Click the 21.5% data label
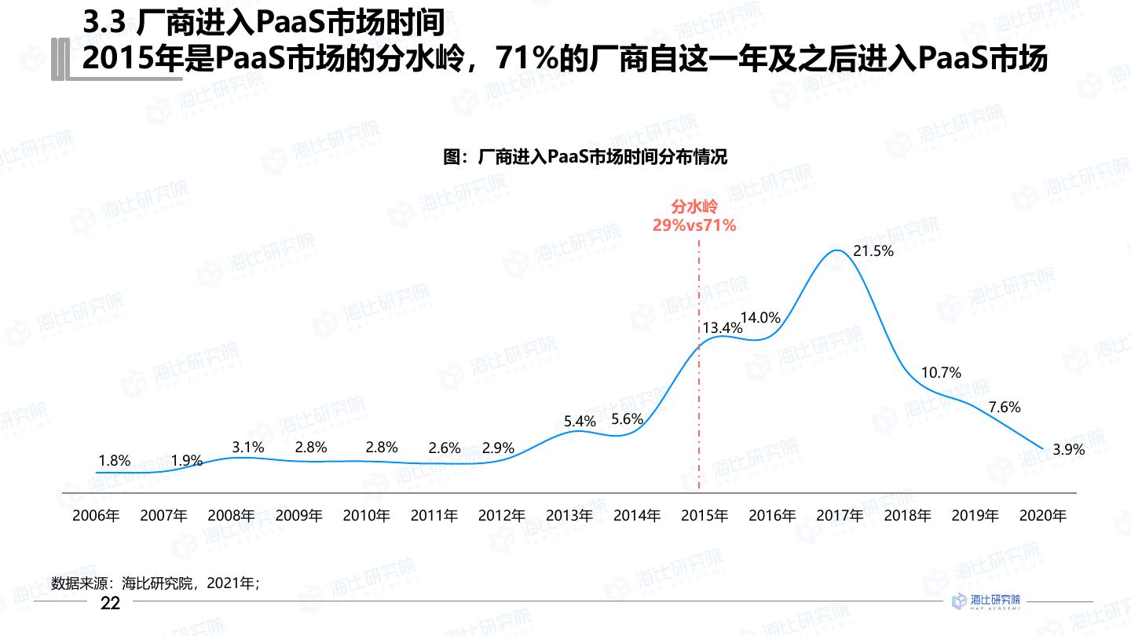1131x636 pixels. coord(873,251)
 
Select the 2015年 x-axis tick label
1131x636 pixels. coord(705,516)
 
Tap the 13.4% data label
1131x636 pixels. coord(722,328)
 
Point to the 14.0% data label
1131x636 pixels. coord(760,318)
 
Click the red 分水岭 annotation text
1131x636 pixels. coord(694,207)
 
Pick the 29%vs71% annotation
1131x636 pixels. coord(694,226)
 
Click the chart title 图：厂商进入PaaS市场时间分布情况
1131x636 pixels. coord(585,157)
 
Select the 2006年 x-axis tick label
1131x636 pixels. coord(96,516)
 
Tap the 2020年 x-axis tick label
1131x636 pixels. coord(1042,516)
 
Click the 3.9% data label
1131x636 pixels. coord(1068,450)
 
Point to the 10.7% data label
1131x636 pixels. coord(941,373)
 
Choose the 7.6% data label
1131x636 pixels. coord(1005,407)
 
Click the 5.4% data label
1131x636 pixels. coord(580,422)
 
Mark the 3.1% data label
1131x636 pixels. coord(248,447)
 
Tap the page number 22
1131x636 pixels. coord(111,603)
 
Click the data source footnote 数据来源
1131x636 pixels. coord(155,583)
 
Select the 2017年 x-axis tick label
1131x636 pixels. coord(840,516)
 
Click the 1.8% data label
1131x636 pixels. coord(115,461)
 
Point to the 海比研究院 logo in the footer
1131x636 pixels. coord(986,601)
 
